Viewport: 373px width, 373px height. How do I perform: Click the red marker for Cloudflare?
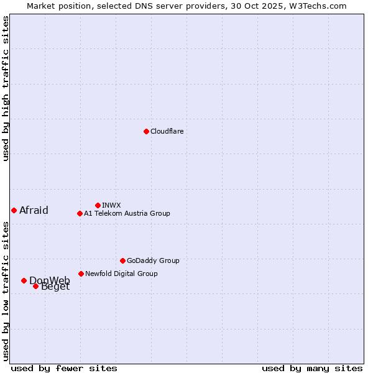[146, 131]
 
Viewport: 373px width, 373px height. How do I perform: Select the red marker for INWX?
[98, 205]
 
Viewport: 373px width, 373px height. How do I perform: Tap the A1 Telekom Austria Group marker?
[80, 213]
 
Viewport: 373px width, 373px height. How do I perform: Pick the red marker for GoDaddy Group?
[122, 260]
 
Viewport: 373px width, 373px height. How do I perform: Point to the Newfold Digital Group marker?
[81, 274]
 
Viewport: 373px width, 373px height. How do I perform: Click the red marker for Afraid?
[14, 210]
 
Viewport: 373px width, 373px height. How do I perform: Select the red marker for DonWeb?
[24, 280]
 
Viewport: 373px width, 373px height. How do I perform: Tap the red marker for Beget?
[35, 286]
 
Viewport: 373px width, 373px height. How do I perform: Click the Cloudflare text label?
[167, 131]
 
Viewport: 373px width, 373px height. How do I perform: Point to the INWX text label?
[111, 205]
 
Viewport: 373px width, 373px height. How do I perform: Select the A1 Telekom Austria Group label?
[127, 213]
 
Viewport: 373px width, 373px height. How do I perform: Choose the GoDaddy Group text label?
[153, 260]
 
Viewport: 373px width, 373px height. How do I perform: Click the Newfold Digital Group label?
[121, 274]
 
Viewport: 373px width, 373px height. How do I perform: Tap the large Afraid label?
[34, 210]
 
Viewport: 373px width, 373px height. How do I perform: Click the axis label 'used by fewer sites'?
[64, 368]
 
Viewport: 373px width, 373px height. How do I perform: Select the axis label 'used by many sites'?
[312, 368]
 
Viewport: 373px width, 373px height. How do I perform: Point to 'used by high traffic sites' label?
[6, 88]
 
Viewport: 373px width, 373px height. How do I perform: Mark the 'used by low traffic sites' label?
[6, 291]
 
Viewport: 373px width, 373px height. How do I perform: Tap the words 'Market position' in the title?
[57, 6]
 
